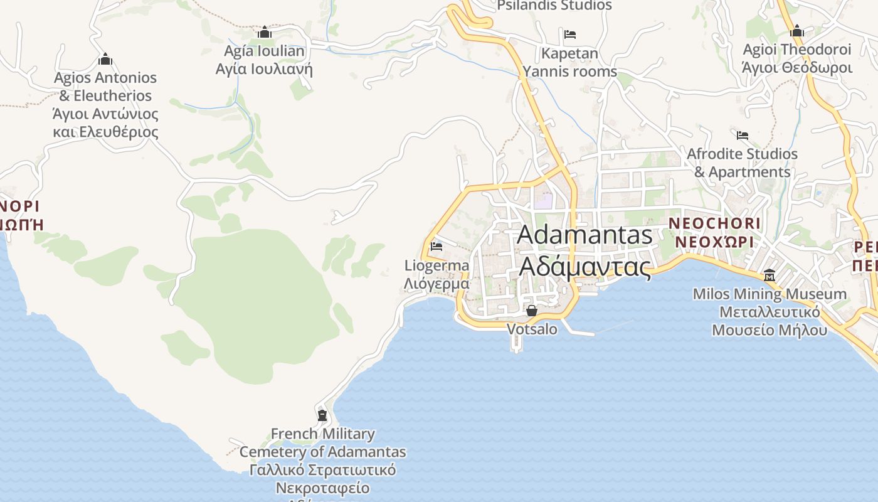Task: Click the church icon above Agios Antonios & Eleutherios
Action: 105,59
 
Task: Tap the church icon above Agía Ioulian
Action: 265,32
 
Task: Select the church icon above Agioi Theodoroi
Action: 797,31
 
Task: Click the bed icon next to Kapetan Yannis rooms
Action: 569,34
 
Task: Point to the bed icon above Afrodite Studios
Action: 743,135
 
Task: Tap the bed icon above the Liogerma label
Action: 436,246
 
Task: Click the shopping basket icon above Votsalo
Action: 532,311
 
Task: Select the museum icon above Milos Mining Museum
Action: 770,275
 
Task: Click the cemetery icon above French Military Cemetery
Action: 322,415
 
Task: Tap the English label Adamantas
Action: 585,235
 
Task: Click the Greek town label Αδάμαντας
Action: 585,267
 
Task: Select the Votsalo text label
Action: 532,329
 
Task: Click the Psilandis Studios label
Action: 554,6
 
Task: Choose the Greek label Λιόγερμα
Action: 436,284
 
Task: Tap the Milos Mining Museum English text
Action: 770,294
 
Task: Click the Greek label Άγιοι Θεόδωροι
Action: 797,68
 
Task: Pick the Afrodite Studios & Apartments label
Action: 743,163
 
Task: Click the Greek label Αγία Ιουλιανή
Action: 264,69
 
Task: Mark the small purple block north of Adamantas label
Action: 544,201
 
